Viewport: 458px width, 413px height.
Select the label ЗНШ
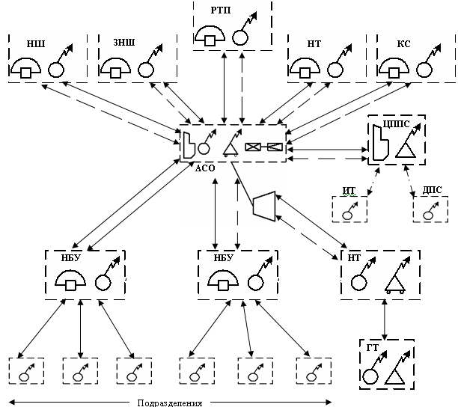point(123,44)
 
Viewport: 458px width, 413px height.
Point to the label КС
point(402,44)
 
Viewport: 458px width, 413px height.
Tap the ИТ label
point(347,192)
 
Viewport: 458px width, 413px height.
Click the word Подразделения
point(171,404)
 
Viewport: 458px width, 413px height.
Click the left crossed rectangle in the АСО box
point(254,147)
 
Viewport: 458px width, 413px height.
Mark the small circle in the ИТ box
point(348,215)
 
